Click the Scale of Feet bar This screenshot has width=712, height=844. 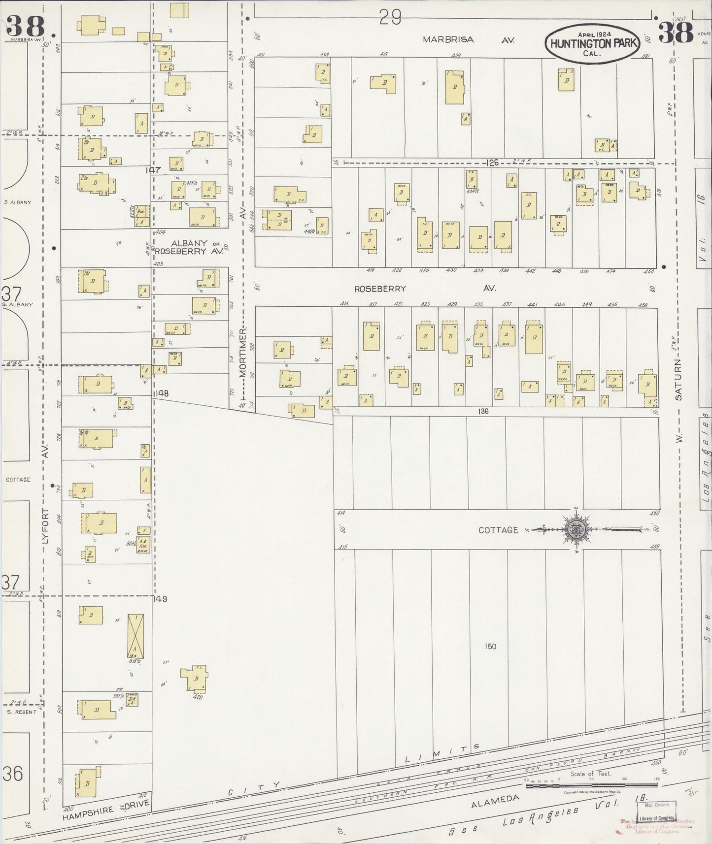tap(591, 785)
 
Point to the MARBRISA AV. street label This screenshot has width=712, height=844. tap(468, 40)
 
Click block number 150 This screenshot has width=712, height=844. tap(490, 646)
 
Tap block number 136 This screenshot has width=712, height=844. tap(483, 411)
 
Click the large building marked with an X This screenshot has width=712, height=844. tap(136, 636)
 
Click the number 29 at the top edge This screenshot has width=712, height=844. tap(390, 18)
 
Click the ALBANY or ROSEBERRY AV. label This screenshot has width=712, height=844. tap(190, 247)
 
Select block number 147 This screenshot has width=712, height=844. tap(153, 170)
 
